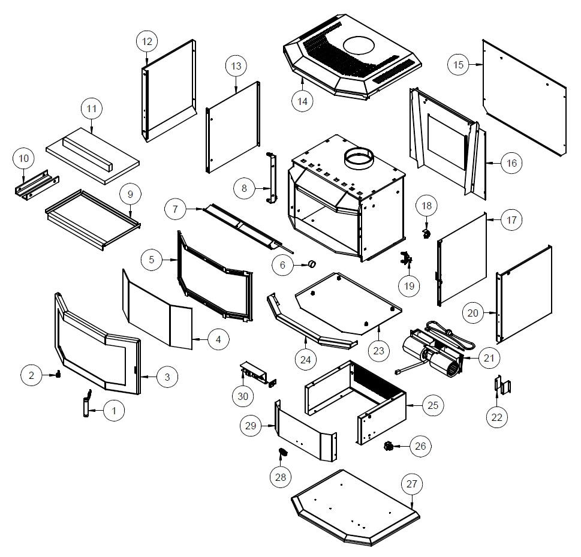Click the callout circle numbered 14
click(x=302, y=101)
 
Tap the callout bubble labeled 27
click(x=414, y=484)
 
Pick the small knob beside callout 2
click(x=59, y=376)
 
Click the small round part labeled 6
click(x=312, y=264)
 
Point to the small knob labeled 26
click(x=388, y=446)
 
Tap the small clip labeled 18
click(x=426, y=231)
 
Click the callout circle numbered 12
click(x=147, y=41)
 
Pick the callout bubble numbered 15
click(x=459, y=64)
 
